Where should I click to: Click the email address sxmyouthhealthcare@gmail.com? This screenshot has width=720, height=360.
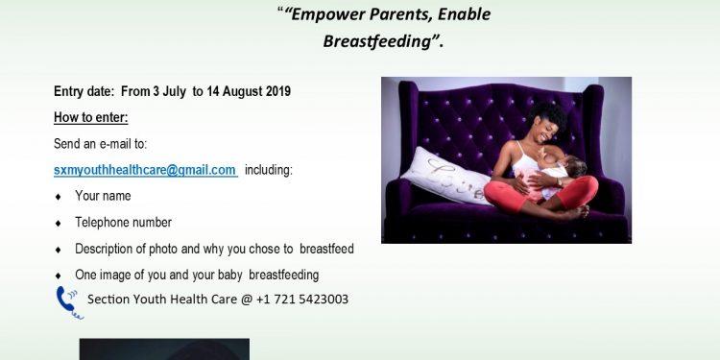[x=145, y=170]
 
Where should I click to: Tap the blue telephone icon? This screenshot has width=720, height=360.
[x=68, y=300]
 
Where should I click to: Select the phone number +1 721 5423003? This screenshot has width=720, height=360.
[x=303, y=300]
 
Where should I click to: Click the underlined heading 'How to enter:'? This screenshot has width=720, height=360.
[x=90, y=117]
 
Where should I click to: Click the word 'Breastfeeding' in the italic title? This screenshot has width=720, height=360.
[x=371, y=41]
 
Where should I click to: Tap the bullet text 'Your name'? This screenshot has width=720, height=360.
[x=103, y=196]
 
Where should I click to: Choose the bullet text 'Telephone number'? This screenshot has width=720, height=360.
[x=123, y=223]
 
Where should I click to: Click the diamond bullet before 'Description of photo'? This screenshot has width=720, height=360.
[x=60, y=250]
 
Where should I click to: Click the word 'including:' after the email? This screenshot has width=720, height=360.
[x=269, y=170]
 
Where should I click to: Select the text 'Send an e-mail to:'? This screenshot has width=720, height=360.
[x=100, y=144]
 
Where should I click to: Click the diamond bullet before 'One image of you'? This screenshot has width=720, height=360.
[x=60, y=276]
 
